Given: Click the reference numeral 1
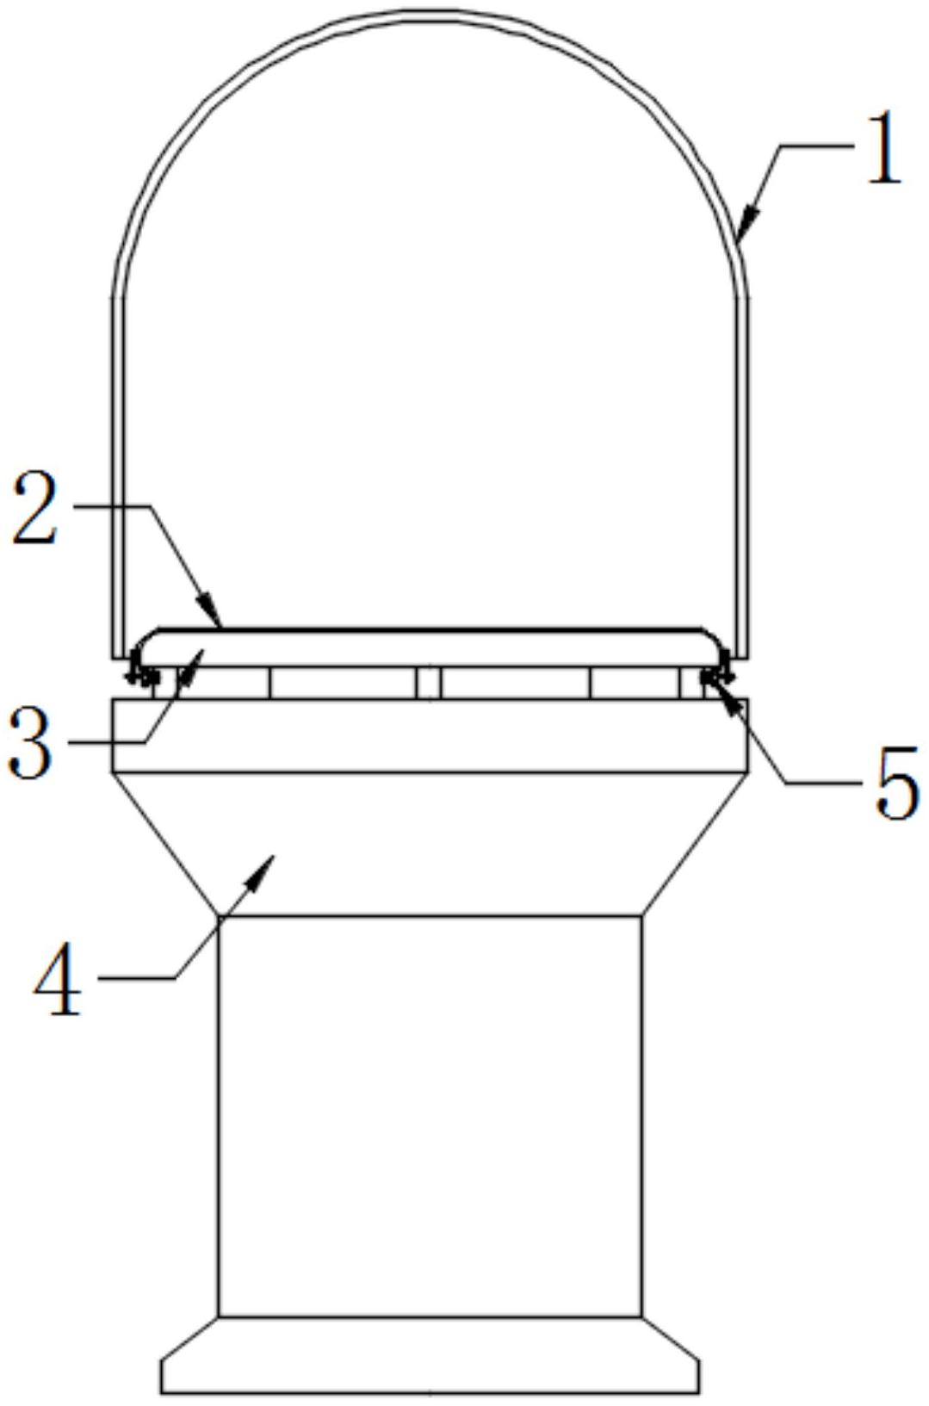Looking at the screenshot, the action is click(x=884, y=147).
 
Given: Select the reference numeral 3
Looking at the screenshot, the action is click(x=29, y=741).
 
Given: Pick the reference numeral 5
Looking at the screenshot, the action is click(x=898, y=782).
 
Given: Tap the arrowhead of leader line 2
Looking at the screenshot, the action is click(x=210, y=609).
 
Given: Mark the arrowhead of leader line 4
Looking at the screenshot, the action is click(x=261, y=871).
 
